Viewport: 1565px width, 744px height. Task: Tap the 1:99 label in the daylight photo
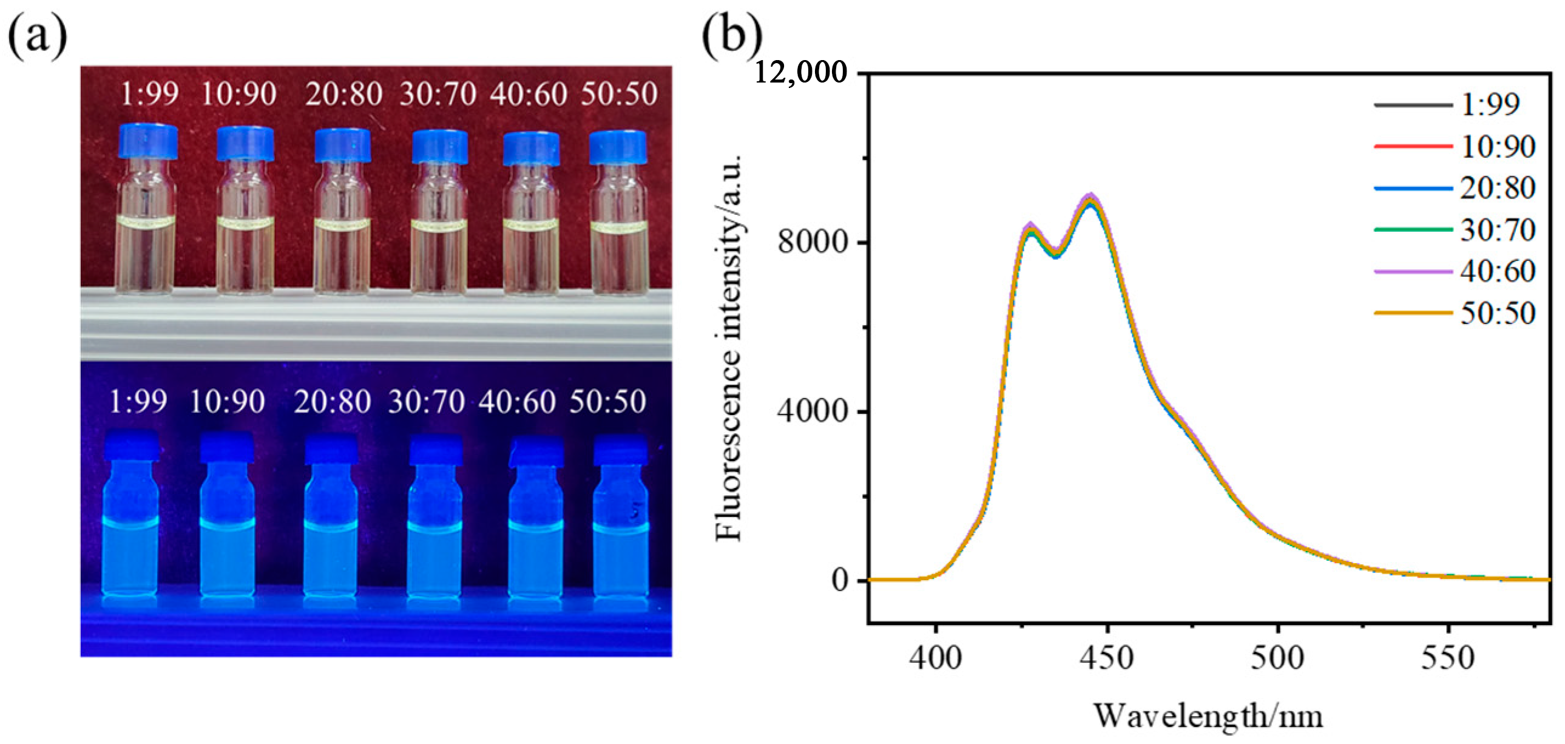(x=149, y=94)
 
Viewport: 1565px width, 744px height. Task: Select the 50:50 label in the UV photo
(x=607, y=402)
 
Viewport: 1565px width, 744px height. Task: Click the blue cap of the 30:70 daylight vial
(x=440, y=146)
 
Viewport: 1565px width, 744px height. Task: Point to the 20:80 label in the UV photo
(x=333, y=402)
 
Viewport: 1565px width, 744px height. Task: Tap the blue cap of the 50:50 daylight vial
(x=617, y=146)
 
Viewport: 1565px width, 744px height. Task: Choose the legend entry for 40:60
(x=1498, y=271)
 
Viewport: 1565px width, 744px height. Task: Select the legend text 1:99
(x=1490, y=104)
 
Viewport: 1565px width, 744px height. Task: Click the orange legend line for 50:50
(x=1413, y=313)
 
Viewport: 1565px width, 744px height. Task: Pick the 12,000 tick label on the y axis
(x=800, y=73)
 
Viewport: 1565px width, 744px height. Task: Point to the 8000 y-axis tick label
(x=813, y=242)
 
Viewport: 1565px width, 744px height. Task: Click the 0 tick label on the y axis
(x=840, y=580)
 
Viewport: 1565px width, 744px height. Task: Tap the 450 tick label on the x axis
(x=1107, y=658)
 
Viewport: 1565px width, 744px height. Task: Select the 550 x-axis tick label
(x=1448, y=658)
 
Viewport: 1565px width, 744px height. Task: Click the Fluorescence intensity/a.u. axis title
(x=729, y=347)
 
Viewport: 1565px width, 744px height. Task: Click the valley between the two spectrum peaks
(x=1056, y=253)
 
